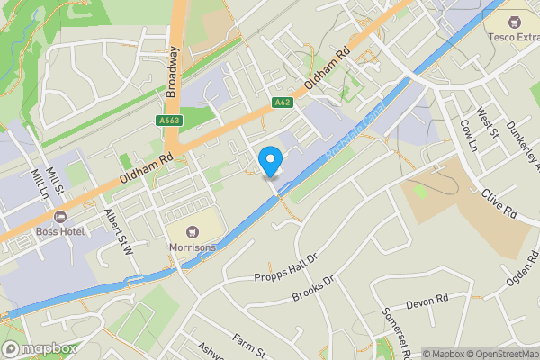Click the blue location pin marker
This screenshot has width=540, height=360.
[271, 161]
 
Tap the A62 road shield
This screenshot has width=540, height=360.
[281, 103]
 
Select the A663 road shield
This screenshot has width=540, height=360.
[168, 121]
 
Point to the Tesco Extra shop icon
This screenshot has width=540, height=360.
[516, 21]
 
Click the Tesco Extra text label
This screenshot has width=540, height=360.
[514, 38]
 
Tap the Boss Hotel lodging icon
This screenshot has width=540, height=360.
[60, 216]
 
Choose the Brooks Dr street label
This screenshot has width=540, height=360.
[313, 289]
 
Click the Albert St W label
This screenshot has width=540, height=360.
[118, 231]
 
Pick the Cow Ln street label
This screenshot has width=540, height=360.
[467, 134]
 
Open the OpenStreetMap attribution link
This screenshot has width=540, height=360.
[495, 354]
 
